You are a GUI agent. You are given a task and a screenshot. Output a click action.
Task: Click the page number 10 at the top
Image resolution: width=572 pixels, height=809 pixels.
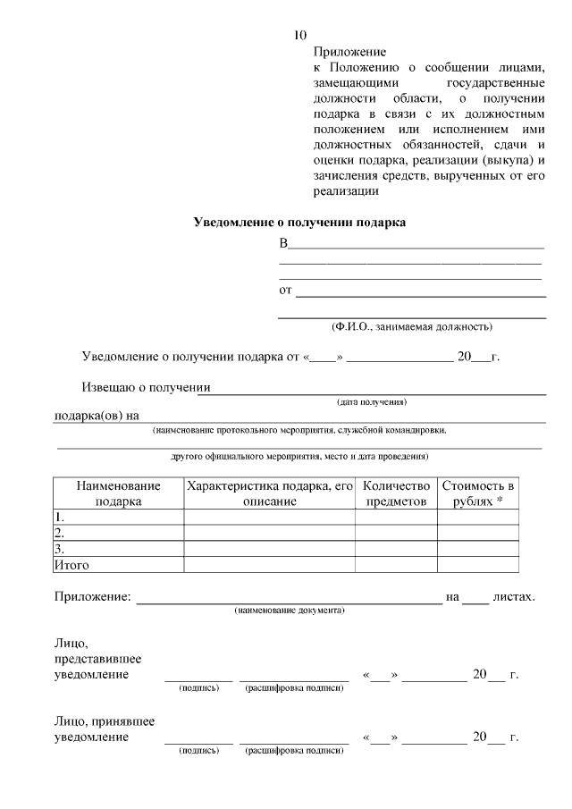299,36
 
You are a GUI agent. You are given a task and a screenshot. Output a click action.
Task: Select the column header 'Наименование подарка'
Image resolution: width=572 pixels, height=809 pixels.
118,493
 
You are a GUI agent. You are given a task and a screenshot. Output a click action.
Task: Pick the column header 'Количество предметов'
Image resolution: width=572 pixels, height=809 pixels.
396,493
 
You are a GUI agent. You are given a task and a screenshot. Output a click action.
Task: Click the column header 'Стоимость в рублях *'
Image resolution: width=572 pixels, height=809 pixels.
478,493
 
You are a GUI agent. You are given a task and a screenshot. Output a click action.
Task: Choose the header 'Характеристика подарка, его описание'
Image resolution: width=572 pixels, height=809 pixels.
269,493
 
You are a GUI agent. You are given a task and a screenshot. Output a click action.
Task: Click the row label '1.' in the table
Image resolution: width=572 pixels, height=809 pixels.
59,517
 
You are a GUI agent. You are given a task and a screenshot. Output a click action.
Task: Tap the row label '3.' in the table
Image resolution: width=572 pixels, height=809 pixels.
59,549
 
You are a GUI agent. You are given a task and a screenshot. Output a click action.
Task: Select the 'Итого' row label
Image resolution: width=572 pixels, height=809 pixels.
71,565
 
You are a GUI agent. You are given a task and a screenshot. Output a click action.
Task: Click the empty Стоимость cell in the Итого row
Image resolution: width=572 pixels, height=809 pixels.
478,565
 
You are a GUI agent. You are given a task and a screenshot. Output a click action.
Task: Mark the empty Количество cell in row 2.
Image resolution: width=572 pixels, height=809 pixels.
396,533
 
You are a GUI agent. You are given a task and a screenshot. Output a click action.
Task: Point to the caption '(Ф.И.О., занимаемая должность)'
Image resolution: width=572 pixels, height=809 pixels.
411,327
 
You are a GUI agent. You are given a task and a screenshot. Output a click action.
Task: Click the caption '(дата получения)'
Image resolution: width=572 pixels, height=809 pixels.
371,401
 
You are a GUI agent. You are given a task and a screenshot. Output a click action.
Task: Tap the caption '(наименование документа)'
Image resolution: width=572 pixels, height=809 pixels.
290,610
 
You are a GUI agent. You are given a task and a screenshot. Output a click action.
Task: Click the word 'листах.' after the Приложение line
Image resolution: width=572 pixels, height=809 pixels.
513,596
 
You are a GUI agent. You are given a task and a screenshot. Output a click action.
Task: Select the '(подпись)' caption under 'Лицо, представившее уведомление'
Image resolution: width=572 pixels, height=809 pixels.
198,688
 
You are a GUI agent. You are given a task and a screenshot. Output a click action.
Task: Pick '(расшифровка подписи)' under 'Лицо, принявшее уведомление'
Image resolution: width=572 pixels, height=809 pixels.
294,752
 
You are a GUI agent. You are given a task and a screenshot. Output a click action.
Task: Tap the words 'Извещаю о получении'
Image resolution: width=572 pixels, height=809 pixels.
146,388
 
